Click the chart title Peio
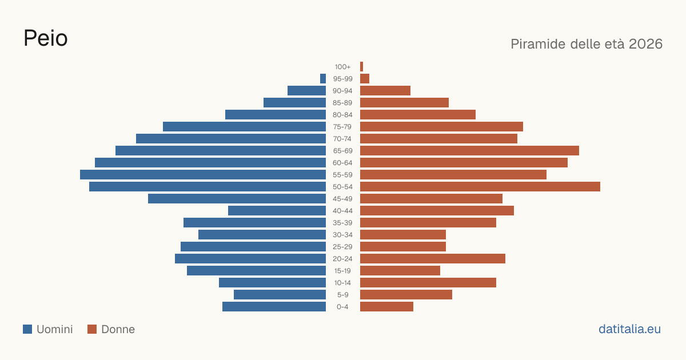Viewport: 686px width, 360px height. click(46, 38)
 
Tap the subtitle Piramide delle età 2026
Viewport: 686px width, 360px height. click(587, 44)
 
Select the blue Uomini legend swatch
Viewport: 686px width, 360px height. click(27, 329)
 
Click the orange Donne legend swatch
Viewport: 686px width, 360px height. click(92, 329)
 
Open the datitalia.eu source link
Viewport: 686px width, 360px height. click(629, 329)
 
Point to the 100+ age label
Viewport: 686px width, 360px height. click(342, 67)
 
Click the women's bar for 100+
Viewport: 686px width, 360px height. click(362, 67)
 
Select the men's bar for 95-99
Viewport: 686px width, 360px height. click(323, 79)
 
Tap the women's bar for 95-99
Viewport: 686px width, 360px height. click(365, 79)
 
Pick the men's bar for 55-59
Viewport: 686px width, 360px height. click(203, 174)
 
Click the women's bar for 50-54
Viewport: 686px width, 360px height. click(480, 187)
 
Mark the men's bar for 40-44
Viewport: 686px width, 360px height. click(277, 211)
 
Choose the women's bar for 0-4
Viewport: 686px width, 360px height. click(387, 307)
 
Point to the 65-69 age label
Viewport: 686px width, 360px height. click(342, 151)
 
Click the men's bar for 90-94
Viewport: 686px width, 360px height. click(306, 91)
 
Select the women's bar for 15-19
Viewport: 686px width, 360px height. click(400, 271)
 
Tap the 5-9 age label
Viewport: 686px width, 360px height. click(342, 295)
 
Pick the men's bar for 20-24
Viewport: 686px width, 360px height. click(250, 259)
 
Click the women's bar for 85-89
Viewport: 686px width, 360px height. click(405, 102)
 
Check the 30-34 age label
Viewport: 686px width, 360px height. click(342, 235)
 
